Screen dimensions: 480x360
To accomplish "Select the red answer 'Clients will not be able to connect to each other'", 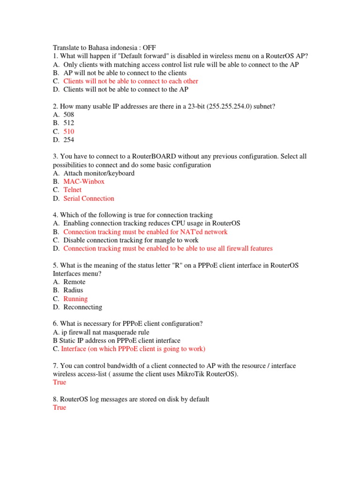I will click(131, 81).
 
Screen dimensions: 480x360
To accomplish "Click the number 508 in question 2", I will click(69, 114).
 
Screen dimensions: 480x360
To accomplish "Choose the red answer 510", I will click(69, 131).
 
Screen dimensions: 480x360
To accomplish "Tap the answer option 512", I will click(69, 123).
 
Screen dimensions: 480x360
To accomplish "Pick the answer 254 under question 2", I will click(69, 140).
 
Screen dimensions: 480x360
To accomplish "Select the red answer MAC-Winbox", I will click(84, 181).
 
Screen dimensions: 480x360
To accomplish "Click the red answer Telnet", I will click(72, 190).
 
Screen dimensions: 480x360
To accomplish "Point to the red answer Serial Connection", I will click(89, 198).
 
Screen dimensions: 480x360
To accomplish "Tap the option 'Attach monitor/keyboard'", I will click(99, 173).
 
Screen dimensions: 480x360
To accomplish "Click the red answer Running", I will click(75, 299).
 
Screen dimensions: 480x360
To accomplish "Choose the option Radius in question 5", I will click(73, 290).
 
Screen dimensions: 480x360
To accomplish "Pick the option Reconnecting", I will click(82, 307).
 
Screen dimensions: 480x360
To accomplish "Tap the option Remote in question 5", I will click(75, 282).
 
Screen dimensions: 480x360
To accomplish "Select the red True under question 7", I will click(60, 382).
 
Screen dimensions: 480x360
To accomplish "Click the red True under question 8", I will click(60, 407).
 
